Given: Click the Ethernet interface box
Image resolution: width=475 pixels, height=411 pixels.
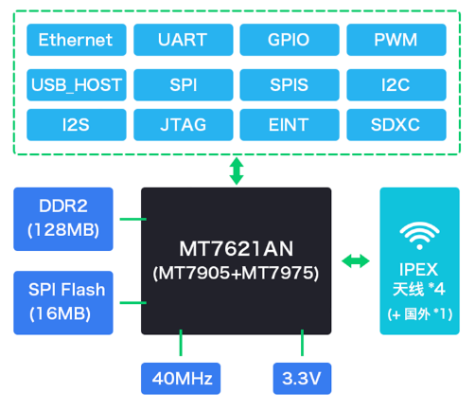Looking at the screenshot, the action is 77,40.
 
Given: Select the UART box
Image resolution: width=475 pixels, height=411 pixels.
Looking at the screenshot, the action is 184,40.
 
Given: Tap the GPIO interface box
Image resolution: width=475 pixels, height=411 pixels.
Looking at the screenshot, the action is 290,40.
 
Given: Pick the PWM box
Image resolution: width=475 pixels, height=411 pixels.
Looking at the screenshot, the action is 396,40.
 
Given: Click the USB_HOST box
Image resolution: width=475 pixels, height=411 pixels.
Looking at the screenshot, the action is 77,85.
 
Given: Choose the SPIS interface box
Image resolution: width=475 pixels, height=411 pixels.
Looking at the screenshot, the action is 290,85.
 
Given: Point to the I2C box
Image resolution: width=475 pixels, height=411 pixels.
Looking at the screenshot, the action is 396,85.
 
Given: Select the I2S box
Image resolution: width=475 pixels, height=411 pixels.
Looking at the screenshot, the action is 77,125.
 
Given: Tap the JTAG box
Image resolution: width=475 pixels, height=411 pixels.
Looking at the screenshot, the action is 184,125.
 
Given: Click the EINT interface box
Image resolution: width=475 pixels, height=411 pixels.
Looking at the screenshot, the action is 290,125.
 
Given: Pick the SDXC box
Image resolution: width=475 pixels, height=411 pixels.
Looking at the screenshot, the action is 396,125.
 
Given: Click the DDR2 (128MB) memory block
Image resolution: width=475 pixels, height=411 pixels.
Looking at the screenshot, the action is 63,219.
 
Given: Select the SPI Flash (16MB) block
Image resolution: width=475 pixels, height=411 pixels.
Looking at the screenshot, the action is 63,303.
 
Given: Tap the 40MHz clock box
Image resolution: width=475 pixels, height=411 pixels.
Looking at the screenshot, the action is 181,379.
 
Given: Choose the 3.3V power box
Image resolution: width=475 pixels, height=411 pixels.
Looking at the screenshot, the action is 302,379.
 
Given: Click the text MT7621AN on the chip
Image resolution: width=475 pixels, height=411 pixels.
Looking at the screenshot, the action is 237,249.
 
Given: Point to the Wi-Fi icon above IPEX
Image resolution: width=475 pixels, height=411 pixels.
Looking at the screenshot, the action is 419,236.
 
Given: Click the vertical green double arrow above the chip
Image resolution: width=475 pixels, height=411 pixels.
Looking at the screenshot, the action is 237,171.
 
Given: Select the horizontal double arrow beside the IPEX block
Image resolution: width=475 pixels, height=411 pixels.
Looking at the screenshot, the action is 356,261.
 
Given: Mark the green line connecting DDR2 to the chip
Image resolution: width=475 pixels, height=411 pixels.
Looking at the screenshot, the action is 133,219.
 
